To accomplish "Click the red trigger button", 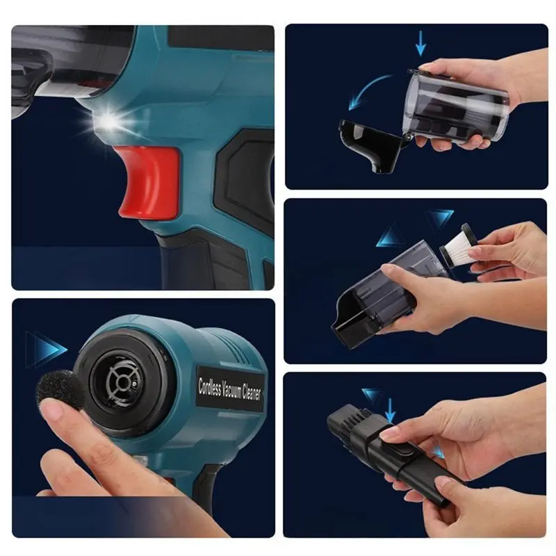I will (147, 179).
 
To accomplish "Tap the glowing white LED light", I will (107, 123).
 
